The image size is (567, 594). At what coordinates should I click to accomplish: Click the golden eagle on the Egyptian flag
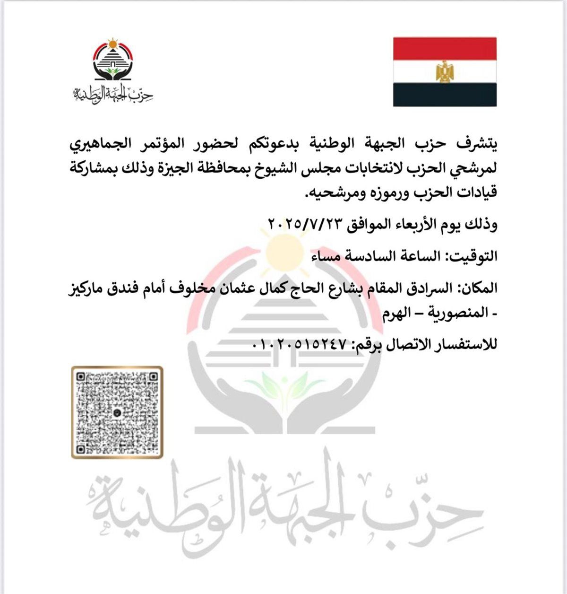445,71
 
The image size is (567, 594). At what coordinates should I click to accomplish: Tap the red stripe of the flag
445,48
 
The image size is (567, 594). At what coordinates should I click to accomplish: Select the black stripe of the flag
445,95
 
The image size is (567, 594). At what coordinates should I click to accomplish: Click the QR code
117,412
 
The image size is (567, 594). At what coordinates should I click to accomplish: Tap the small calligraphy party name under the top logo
113,94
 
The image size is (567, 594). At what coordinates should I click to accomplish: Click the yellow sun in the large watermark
283,251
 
